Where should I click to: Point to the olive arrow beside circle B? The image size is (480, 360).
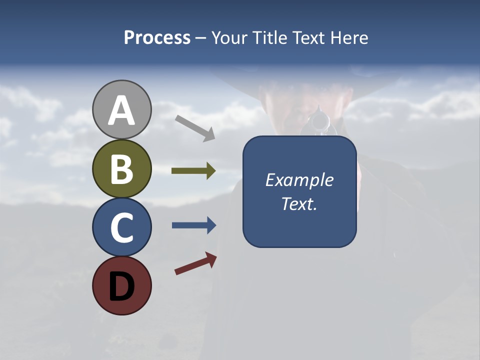click(193, 171)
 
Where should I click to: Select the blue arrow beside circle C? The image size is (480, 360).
click(193, 225)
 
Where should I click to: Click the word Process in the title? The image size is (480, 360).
click(157, 38)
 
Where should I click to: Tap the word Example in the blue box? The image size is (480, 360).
click(299, 180)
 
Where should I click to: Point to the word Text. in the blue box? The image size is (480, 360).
click(299, 204)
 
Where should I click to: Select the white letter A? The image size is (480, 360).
click(121, 110)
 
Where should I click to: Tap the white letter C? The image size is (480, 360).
click(121, 227)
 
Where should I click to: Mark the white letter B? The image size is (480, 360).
click(121, 169)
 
